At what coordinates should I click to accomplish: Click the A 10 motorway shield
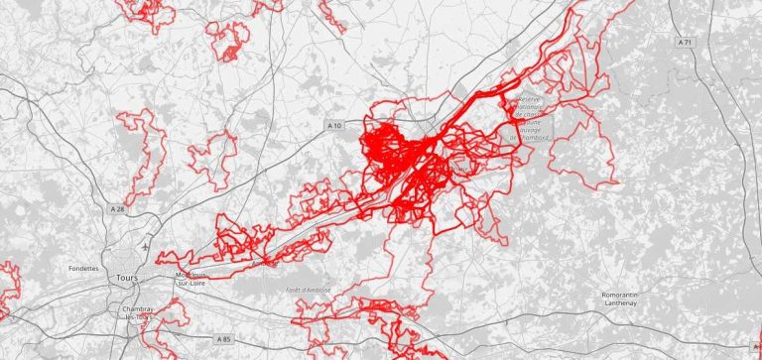[335, 126]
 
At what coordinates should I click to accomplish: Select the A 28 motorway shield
[118, 208]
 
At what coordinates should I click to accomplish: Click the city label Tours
[127, 279]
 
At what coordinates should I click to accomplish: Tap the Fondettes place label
[83, 268]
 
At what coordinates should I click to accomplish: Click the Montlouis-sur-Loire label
[193, 281]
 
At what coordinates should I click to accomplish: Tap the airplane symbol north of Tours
[147, 244]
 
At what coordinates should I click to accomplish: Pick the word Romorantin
[633, 295]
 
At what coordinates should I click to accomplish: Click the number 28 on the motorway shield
[122, 208]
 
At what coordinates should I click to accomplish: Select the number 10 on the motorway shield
[339, 126]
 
